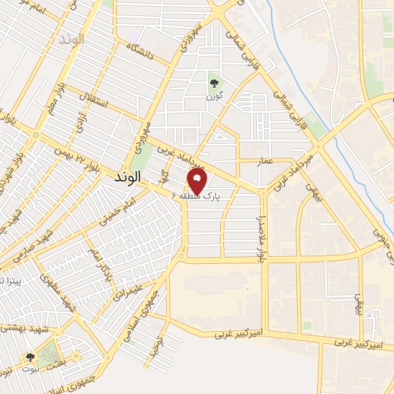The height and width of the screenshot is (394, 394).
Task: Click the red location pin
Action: [198, 182]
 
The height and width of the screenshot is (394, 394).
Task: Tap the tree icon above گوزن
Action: [213, 82]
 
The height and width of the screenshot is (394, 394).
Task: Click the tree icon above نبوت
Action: [30, 358]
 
